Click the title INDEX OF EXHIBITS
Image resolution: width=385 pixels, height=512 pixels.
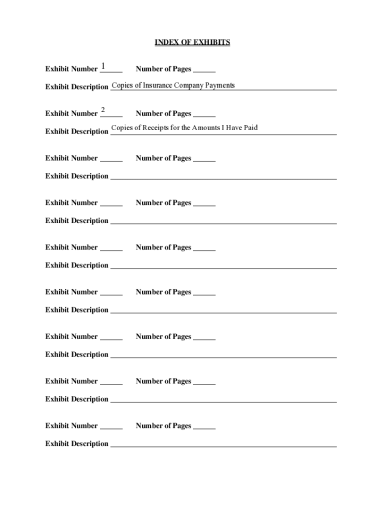click(x=192, y=42)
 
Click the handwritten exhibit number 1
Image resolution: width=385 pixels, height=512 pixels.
click(x=103, y=66)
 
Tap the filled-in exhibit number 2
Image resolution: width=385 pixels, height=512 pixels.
click(x=103, y=110)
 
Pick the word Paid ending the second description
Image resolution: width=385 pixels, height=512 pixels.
click(x=250, y=127)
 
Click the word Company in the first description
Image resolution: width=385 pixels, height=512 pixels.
click(x=188, y=85)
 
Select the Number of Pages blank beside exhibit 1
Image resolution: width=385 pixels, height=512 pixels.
click(x=204, y=70)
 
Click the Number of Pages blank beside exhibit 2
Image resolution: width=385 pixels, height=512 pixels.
click(x=204, y=114)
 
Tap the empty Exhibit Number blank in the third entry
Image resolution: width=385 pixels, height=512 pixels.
click(x=111, y=159)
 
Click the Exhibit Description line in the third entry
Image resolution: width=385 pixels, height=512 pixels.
click(x=223, y=177)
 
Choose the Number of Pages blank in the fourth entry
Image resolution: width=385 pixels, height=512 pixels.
click(x=204, y=204)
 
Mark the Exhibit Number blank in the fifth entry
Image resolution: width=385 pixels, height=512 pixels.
click(x=111, y=248)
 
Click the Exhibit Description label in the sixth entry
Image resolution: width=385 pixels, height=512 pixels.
click(x=77, y=310)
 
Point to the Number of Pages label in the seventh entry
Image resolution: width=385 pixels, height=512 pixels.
click(x=163, y=336)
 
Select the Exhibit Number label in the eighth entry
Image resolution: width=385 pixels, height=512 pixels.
click(x=71, y=381)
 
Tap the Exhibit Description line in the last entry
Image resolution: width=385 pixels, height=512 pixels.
click(x=223, y=444)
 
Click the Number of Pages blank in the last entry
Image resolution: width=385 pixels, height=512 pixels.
click(x=204, y=427)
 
